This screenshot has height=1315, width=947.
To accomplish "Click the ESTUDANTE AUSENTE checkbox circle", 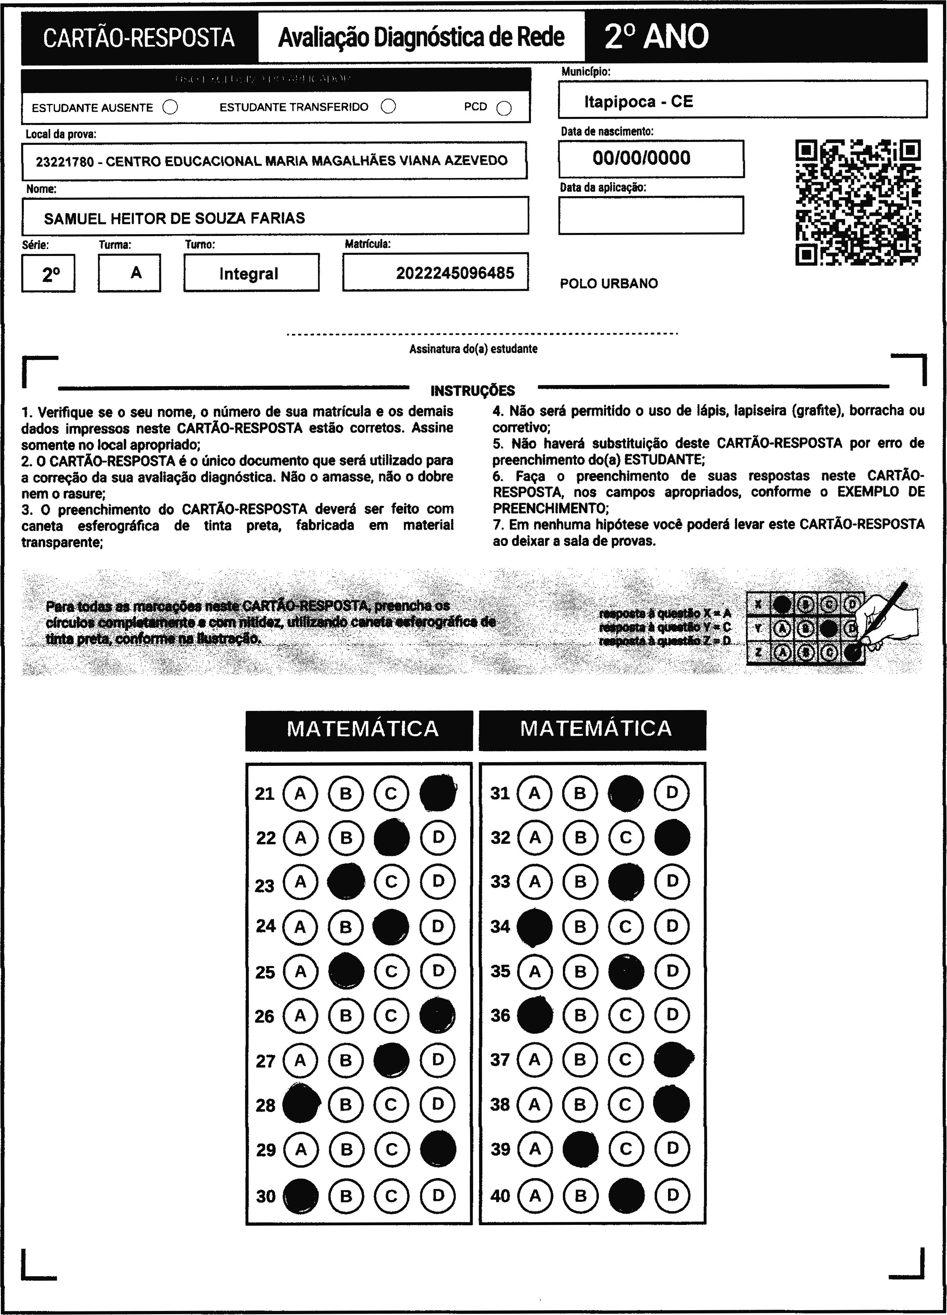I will (x=171, y=107).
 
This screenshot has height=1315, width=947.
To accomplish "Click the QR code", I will (x=858, y=202).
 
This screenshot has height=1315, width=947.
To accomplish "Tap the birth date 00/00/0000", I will (x=641, y=158).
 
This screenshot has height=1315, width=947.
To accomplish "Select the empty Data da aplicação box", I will (x=651, y=215).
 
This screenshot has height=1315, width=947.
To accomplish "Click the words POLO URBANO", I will (x=609, y=283).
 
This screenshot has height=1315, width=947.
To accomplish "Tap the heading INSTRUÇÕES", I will (x=473, y=390).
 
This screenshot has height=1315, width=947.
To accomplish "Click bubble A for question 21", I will (x=300, y=793).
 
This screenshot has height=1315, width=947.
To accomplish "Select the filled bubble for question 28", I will (x=300, y=1104).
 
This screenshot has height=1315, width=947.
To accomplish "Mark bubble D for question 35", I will (x=672, y=971).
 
